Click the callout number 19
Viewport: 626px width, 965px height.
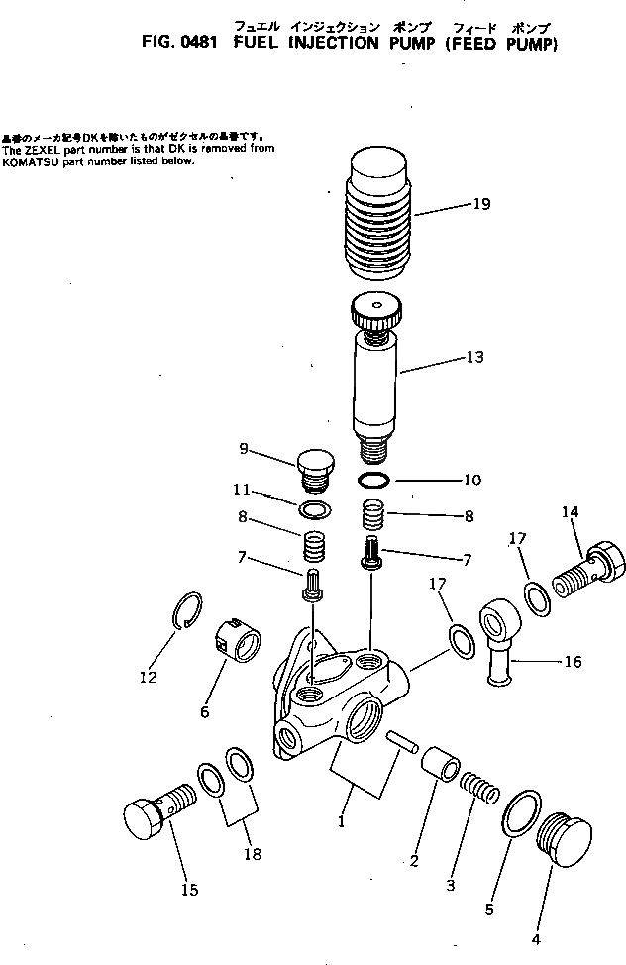pyautogui.click(x=481, y=205)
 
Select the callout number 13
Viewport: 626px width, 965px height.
pyautogui.click(x=475, y=357)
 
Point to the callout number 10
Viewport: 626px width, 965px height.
pyautogui.click(x=471, y=481)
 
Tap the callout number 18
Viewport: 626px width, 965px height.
pyautogui.click(x=254, y=854)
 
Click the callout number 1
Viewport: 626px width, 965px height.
pyautogui.click(x=341, y=821)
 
